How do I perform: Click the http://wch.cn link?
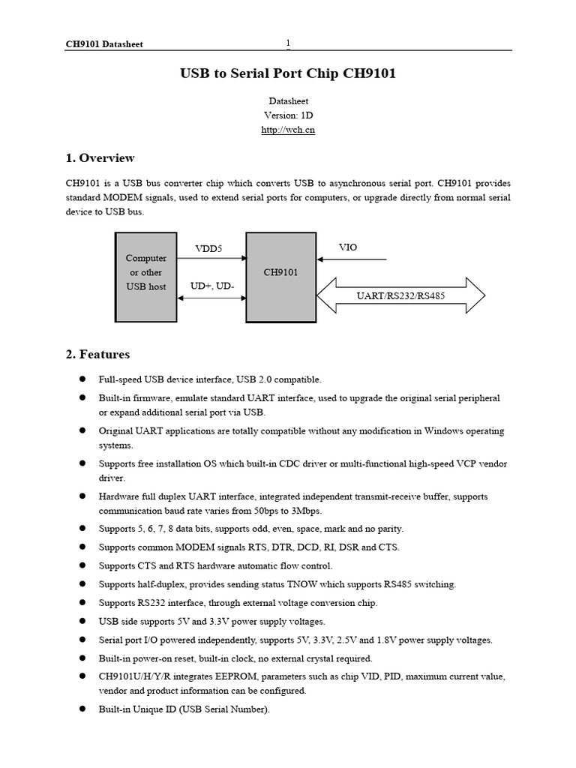(288, 130)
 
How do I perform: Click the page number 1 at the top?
(288, 43)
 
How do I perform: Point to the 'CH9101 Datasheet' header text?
(103, 44)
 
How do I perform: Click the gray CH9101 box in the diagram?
(280, 276)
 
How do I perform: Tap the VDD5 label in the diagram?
(208, 248)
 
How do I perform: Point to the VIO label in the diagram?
(348, 247)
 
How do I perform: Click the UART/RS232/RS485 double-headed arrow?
(401, 295)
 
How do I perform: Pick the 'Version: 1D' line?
(288, 115)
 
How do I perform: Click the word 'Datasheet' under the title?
(288, 100)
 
